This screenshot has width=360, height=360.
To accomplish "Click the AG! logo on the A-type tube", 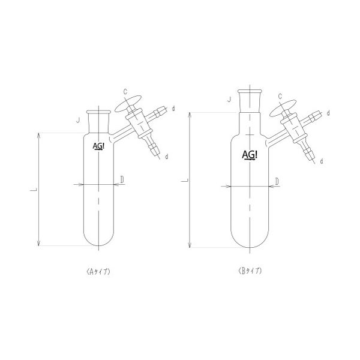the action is coord(98,146).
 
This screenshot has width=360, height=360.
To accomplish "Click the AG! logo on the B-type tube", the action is coord(250,155).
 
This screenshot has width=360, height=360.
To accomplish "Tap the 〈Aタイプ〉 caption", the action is coord(98,272).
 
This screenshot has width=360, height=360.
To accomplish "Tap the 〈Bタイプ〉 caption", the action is coord(250,271).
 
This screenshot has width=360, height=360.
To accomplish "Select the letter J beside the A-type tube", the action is coord(78,120).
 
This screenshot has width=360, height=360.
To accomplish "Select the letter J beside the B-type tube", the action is coord(229,100).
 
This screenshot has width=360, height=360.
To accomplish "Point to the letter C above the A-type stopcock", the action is coord(125,92).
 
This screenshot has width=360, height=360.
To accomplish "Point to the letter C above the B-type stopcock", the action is coord(280,97).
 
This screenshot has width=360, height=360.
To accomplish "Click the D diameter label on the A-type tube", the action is coord(122,180).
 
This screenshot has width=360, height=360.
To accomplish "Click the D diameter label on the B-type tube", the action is coord(277,181).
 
